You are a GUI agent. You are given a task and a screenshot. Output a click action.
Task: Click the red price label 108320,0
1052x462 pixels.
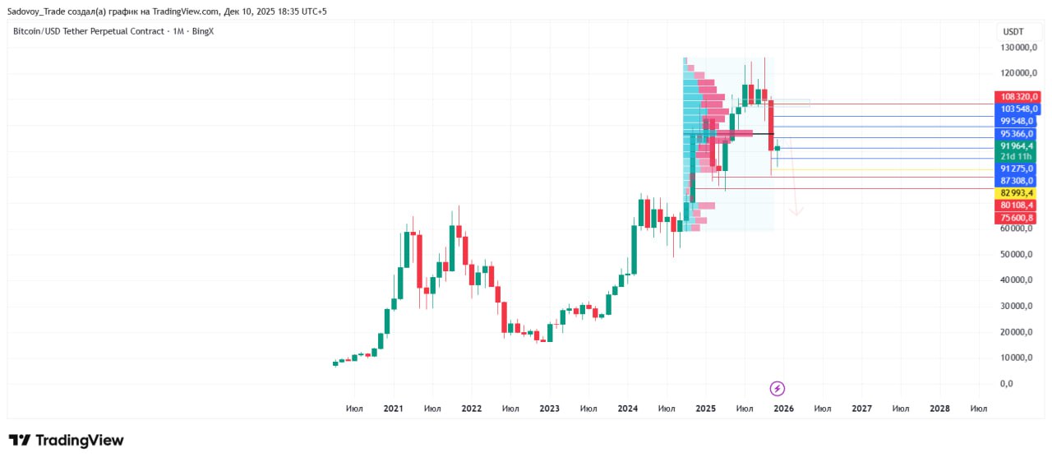tap(1018, 96)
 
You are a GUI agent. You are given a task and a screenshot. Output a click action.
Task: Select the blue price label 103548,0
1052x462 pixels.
tap(1018, 109)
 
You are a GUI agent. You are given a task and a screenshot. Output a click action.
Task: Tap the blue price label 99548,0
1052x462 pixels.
tap(1018, 121)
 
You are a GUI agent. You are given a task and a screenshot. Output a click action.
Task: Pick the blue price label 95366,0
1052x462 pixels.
tap(1018, 133)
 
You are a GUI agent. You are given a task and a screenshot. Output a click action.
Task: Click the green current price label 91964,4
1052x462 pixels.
tap(1018, 146)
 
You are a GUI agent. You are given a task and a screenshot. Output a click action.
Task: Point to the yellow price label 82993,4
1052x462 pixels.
tap(1018, 192)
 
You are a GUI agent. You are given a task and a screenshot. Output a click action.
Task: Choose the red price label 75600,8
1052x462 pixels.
tap(1018, 218)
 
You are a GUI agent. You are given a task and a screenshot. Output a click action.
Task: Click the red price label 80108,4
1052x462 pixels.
tap(1018, 205)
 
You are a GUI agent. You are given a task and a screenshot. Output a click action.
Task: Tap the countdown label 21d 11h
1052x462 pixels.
tap(1018, 156)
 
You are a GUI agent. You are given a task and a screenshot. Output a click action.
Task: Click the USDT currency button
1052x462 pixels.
tap(1013, 31)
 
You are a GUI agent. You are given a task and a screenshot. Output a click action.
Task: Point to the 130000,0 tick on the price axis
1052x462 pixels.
tap(1018, 48)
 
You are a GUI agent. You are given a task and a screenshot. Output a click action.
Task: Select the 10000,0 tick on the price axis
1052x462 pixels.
tap(1018, 358)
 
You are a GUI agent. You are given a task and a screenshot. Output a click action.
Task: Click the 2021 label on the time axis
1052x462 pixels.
tap(393, 409)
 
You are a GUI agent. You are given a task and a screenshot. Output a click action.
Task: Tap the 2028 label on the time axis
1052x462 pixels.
tap(939, 409)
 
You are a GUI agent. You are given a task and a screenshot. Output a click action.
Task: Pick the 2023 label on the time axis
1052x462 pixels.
tap(549, 409)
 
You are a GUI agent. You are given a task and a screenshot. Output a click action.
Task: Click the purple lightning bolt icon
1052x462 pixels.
tap(777, 388)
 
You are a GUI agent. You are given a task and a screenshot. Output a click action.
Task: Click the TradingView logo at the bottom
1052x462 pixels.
tap(66, 441)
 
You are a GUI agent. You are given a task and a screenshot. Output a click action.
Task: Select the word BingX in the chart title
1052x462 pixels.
tap(202, 31)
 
